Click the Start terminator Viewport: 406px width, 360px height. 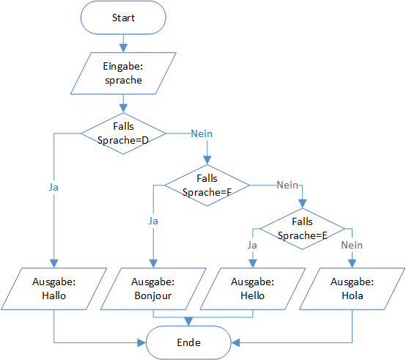(123, 18)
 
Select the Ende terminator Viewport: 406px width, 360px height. (188, 342)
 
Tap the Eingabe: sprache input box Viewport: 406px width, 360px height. (123, 73)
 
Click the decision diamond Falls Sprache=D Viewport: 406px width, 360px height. (123, 133)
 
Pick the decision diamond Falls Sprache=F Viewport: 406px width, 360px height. (207, 185)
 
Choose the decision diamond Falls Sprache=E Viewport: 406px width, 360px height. (303, 229)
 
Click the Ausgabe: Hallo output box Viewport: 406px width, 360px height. (53, 289)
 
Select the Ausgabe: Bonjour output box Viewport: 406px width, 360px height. (153, 289)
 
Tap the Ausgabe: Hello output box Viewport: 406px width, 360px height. (253, 289)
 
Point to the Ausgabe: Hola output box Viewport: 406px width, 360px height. (353, 289)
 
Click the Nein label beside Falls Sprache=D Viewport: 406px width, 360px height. (202, 133)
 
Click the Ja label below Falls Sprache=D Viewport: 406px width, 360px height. (53, 187)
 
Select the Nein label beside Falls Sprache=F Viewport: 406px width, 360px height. (287, 185)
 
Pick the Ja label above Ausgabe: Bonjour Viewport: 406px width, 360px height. (153, 221)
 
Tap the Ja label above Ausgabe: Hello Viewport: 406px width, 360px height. (252, 245)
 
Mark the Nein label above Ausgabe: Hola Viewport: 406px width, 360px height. (352, 245)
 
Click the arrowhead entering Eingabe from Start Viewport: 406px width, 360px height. (123, 48)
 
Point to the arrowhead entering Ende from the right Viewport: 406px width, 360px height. (235, 342)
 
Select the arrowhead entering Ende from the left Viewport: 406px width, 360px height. (141, 342)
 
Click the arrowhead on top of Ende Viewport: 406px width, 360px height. (188, 322)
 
